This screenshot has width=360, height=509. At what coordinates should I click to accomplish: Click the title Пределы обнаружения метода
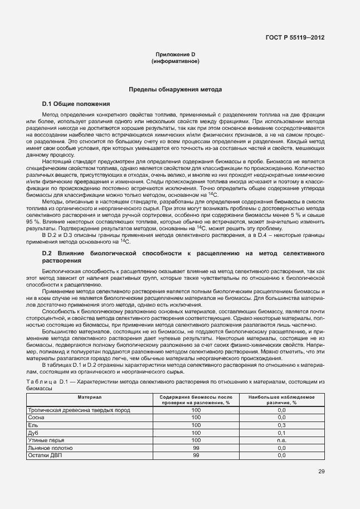176,89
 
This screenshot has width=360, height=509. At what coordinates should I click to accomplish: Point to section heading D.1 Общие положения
76,104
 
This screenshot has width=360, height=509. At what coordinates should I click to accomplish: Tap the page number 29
322,471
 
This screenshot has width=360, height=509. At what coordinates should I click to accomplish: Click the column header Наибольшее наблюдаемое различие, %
281,399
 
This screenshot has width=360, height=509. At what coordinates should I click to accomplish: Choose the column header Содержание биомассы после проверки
196,399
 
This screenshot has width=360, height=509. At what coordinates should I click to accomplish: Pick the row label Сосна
37,417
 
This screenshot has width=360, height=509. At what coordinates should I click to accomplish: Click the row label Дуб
33,432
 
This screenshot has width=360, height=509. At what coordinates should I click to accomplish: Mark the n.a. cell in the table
281,440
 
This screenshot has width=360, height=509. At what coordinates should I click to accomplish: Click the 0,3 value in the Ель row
281,425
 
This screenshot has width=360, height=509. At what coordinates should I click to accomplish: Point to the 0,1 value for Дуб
281,432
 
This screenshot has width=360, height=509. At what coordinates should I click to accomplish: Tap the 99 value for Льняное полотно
196,447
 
